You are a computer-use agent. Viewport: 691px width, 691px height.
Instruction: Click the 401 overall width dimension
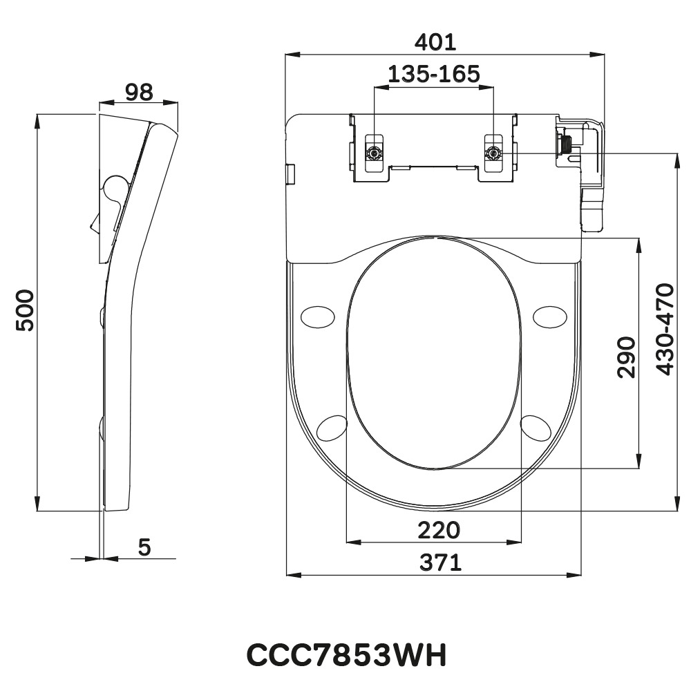tap(435, 42)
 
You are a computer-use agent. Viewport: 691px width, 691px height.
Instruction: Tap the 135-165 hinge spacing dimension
tap(433, 74)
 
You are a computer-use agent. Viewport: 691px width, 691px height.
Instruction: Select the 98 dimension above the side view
tap(138, 93)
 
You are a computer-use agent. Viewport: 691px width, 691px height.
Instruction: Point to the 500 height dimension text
tap(25, 311)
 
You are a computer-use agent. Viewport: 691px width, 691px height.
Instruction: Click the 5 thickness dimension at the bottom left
tap(144, 547)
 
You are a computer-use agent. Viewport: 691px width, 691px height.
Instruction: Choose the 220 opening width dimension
tap(438, 531)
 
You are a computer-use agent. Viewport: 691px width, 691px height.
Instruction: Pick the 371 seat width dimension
tap(441, 563)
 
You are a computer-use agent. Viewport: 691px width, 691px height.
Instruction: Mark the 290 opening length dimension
tap(626, 357)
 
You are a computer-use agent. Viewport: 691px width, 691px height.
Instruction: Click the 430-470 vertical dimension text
tap(664, 329)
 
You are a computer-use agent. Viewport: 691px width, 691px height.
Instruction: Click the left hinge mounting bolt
tap(374, 153)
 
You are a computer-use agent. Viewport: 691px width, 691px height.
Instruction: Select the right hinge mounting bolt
tap(493, 153)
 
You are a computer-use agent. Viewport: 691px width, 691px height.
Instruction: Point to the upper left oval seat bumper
tap(319, 316)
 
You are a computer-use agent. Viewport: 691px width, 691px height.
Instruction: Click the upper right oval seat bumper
tap(550, 315)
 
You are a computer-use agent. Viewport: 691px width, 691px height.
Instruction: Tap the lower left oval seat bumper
tap(332, 427)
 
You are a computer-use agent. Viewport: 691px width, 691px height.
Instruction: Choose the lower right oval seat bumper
tap(536, 426)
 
